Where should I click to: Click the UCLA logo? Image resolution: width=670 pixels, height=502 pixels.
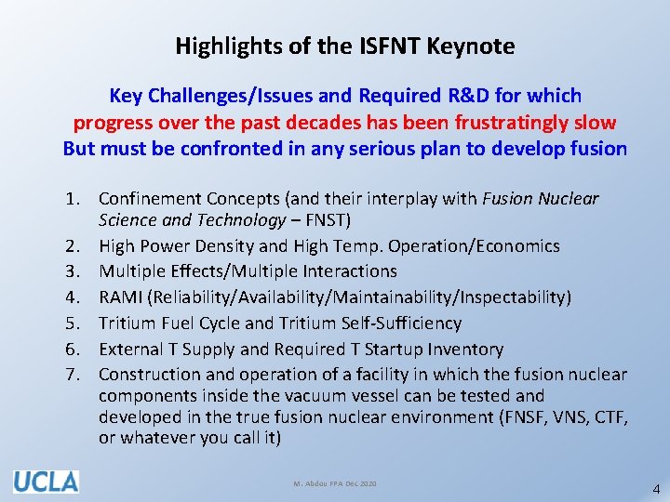coord(46,482)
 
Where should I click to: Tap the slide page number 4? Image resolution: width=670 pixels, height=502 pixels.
coord(656,488)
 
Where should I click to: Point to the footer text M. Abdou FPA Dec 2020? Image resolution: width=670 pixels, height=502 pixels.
coord(334,483)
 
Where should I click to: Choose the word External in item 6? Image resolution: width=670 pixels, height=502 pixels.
coord(129,350)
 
